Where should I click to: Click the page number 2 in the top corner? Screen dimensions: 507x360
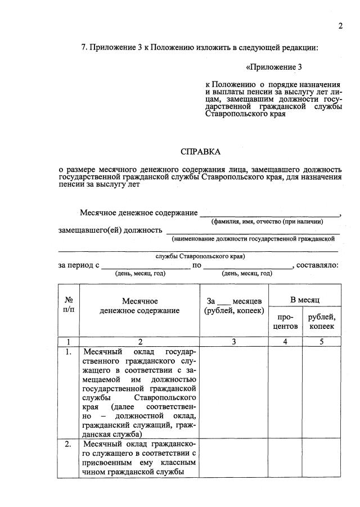point(340,26)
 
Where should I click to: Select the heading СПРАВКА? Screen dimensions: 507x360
point(200,152)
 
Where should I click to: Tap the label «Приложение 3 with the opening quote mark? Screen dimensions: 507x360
point(274,67)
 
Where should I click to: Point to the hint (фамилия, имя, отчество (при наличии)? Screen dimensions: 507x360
point(267,222)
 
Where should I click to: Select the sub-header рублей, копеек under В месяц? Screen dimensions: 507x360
point(322,322)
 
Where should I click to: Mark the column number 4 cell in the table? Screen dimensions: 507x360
point(285,341)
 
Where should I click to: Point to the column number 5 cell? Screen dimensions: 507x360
point(322,341)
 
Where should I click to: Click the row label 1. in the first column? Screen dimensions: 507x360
point(68,352)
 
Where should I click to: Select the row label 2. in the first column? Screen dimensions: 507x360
point(68,444)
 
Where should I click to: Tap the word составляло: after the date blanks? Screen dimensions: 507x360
point(317,265)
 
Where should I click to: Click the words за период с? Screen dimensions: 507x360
point(79,265)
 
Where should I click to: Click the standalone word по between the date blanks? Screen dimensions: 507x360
point(197,265)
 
